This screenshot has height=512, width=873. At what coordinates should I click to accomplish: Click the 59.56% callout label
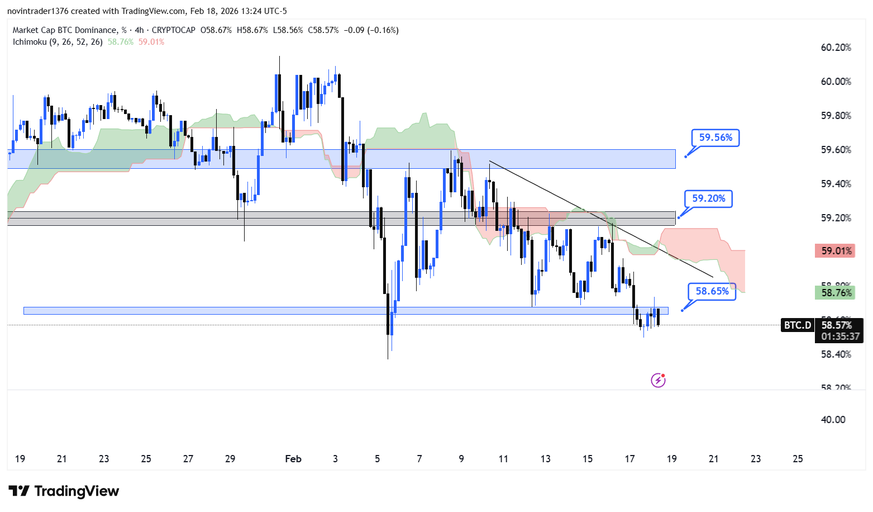coord(715,138)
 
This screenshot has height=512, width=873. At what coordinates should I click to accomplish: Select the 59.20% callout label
coord(708,198)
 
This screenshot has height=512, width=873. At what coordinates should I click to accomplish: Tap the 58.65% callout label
coord(712,291)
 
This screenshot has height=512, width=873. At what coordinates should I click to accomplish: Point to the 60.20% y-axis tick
coord(836,48)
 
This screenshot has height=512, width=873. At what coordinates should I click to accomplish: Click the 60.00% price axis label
coord(836,82)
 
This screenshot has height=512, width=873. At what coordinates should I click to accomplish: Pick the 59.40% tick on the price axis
coord(836,184)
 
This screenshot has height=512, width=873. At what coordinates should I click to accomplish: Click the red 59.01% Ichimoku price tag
coord(836,251)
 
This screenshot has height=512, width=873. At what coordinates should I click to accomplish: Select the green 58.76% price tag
coord(836,293)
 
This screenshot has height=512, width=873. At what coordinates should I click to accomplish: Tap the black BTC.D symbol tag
coord(797,325)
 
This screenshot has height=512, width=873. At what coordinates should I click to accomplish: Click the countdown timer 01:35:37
coord(840,336)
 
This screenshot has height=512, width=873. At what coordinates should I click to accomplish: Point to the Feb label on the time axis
coord(293,459)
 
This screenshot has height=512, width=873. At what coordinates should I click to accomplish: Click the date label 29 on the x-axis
coord(230,459)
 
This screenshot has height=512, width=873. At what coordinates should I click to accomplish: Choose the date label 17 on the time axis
coord(629,459)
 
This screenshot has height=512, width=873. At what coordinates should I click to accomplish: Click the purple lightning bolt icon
coord(658,381)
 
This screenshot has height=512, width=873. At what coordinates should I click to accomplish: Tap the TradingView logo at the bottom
coord(64,491)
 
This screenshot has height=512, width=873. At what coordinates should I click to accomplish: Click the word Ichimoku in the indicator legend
coord(30,42)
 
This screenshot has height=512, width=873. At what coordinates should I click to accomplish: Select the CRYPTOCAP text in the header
coord(174,30)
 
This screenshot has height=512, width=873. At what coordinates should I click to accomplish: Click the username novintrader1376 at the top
coord(37,11)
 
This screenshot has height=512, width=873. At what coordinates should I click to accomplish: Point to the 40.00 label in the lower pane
coord(833,420)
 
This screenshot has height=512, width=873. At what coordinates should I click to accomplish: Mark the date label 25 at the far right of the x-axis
coord(798,459)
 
